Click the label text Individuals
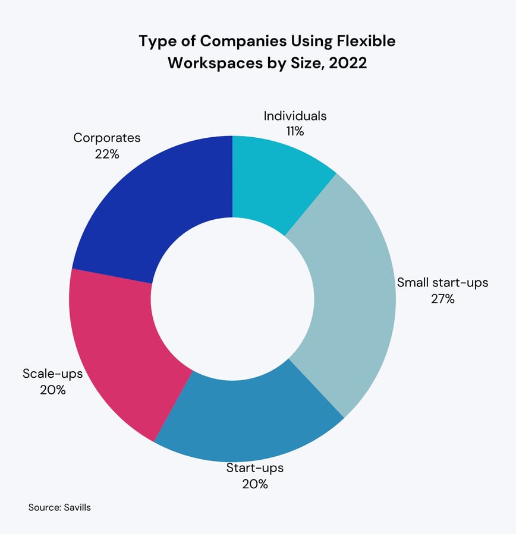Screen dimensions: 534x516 coord(295,116)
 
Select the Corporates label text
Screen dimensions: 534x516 coord(107,138)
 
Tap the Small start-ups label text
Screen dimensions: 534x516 coord(442,282)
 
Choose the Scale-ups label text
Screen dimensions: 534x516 coord(52,374)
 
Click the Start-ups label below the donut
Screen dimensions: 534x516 coord(254,467)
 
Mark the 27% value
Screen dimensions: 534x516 coord(442,299)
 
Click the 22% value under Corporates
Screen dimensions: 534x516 coord(107,154)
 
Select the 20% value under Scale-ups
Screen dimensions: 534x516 coord(52,390)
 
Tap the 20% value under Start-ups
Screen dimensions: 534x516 coord(254,484)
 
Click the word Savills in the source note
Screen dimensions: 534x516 coord(77,508)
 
